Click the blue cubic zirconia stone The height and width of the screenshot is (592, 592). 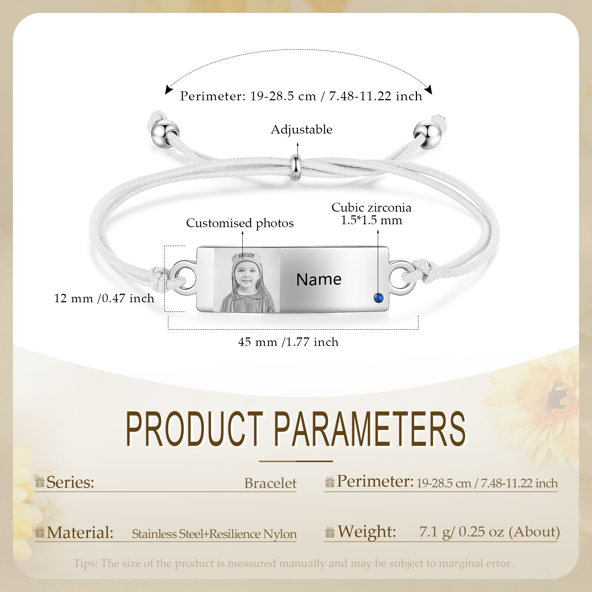(x=378, y=298)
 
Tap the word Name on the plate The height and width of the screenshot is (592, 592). (x=319, y=279)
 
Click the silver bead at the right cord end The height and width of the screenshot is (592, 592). (x=427, y=134)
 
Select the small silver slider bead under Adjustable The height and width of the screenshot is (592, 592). (x=295, y=168)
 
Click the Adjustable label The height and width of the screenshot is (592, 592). (x=302, y=129)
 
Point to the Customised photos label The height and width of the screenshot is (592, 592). (x=240, y=223)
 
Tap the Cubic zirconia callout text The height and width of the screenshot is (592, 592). (x=371, y=213)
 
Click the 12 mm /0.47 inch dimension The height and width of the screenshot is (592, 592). (x=104, y=298)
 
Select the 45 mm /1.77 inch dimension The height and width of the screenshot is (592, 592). (x=288, y=342)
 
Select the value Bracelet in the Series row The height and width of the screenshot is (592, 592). (x=270, y=483)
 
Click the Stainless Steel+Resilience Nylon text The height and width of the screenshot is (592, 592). (x=214, y=534)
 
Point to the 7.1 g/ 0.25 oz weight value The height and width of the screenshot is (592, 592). (x=490, y=532)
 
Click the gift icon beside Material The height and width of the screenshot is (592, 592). (x=40, y=532)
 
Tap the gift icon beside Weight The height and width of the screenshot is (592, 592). (x=330, y=532)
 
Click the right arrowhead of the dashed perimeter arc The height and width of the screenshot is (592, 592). (x=429, y=90)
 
